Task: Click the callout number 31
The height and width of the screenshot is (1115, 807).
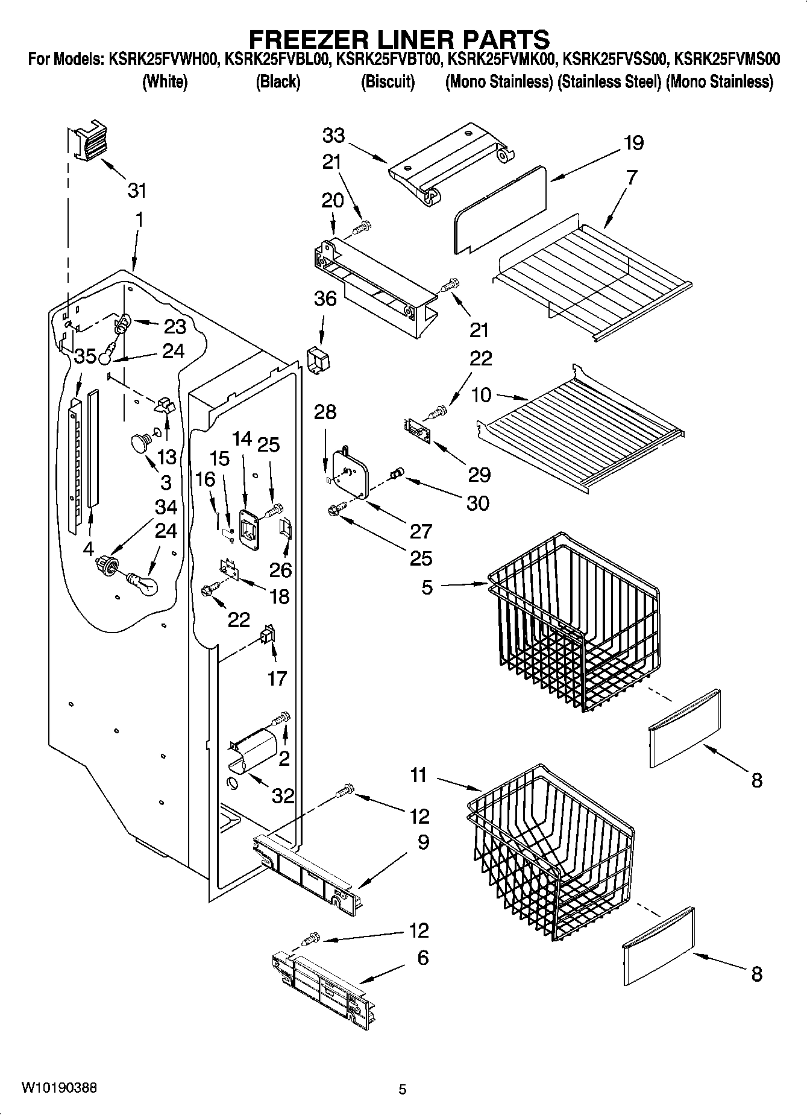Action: point(137,191)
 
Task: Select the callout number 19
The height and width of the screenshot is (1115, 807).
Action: point(633,143)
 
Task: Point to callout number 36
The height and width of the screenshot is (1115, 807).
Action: point(325,298)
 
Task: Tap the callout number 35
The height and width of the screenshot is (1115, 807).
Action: point(85,356)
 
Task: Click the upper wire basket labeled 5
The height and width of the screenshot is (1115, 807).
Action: point(573,621)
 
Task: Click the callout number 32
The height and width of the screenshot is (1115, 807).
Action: point(283,795)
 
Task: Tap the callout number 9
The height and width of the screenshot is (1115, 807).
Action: point(423,842)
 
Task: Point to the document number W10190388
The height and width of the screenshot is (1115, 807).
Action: point(58,1087)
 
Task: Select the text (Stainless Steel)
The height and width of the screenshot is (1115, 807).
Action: point(609,81)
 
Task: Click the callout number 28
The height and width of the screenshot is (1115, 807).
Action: point(325,412)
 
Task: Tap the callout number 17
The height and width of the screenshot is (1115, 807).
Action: point(277,678)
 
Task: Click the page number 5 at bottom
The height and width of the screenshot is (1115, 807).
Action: point(403,1089)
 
